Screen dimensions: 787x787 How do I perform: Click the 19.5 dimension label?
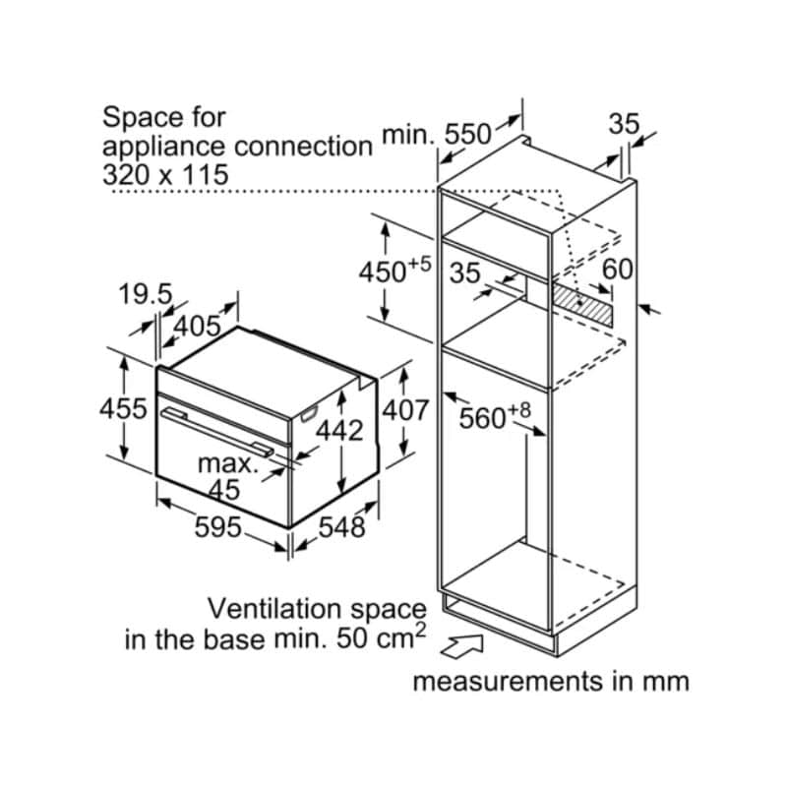pyautogui.click(x=146, y=294)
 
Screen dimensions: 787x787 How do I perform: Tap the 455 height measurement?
pyautogui.click(x=125, y=408)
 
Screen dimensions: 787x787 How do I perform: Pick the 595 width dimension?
pyautogui.click(x=218, y=527)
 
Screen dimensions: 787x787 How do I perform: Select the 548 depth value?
pyautogui.click(x=342, y=527)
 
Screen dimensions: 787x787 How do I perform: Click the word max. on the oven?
pyautogui.click(x=228, y=462)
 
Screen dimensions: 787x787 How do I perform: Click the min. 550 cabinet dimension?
pyautogui.click(x=435, y=134)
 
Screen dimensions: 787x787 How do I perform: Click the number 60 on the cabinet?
pyautogui.click(x=618, y=268)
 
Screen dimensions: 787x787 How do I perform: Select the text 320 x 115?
pyautogui.click(x=165, y=175)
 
